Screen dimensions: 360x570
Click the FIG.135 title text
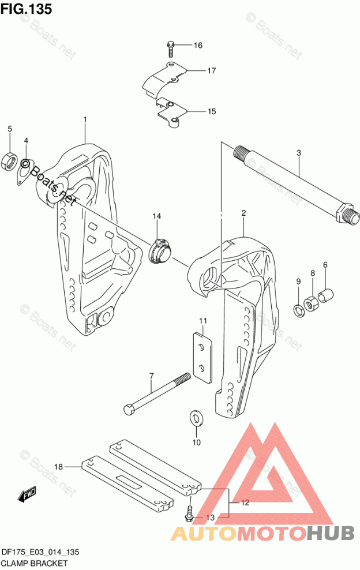26,9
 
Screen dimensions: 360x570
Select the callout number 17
212,70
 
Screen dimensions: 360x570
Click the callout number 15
212,111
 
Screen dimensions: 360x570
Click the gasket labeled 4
25,171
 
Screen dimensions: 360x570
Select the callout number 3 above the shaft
298,153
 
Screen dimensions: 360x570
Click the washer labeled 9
298,310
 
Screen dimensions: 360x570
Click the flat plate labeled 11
202,357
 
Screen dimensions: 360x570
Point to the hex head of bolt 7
129,409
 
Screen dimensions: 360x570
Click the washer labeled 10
196,418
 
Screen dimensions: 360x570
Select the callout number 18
58,466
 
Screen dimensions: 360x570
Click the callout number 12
245,502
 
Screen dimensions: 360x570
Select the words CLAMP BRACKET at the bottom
35,564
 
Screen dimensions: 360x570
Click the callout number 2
243,213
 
